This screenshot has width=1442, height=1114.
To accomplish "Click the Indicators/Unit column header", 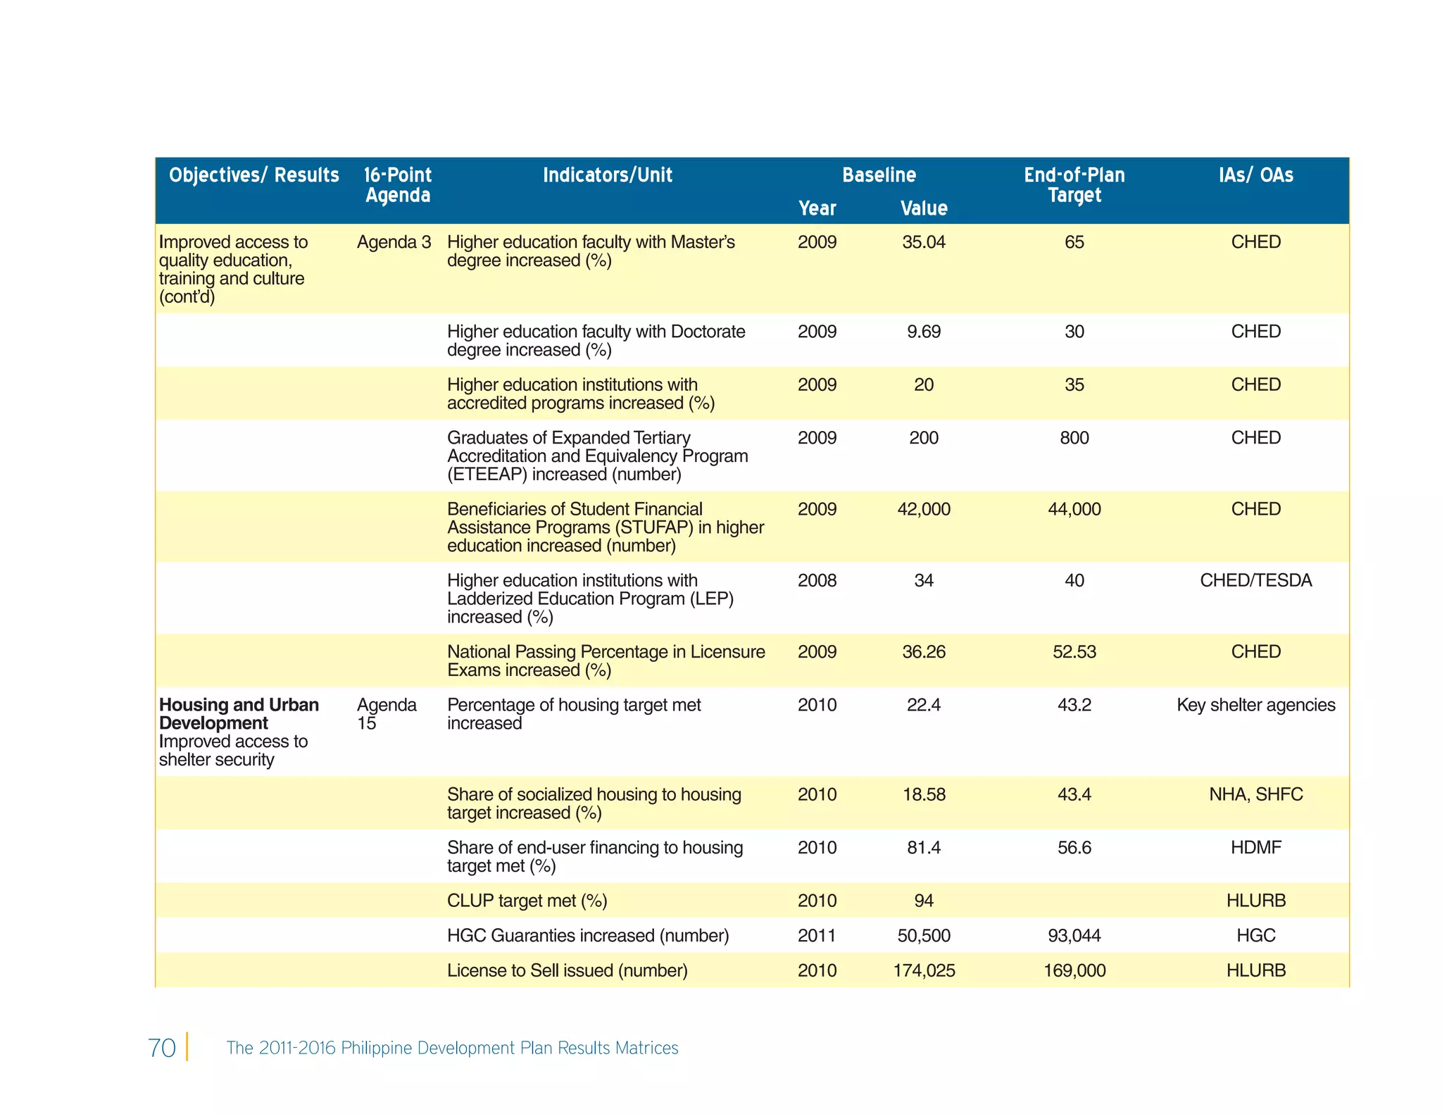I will click(607, 175).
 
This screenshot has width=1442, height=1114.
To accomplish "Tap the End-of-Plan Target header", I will click(1074, 184).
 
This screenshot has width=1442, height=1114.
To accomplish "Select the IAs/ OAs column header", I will click(1255, 175).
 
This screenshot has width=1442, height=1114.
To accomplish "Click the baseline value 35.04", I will click(924, 242).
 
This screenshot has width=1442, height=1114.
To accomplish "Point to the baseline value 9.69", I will click(924, 332).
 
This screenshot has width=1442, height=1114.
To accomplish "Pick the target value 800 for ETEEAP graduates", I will click(1074, 438).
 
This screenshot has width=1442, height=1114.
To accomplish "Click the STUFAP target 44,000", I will click(1074, 509).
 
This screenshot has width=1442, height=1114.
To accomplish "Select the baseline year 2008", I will click(817, 580).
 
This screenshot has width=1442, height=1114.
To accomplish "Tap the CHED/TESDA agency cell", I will click(1255, 580).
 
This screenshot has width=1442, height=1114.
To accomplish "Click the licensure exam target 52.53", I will click(1074, 651).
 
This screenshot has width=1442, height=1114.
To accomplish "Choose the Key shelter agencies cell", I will click(1255, 705).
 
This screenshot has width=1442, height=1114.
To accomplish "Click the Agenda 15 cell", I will click(387, 714).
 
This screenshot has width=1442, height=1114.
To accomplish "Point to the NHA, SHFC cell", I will click(1255, 794).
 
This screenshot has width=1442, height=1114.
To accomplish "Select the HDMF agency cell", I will click(1255, 847).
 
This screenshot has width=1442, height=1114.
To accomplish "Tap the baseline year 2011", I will click(817, 936).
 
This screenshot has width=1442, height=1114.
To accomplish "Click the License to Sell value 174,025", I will click(924, 970).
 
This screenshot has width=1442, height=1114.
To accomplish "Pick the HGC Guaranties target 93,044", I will click(1074, 936).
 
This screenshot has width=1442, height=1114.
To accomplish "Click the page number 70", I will click(162, 1048).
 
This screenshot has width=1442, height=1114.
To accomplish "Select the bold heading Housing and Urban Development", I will click(239, 714).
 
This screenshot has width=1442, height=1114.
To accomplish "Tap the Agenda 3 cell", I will click(394, 242).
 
